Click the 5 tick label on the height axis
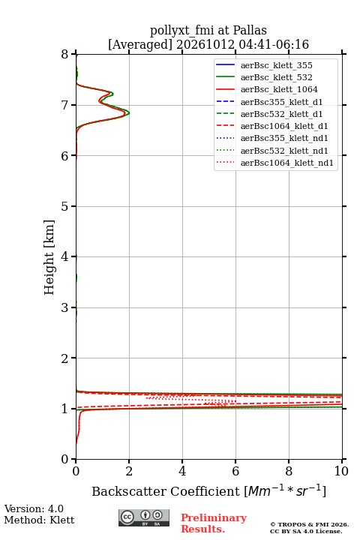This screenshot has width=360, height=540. coord(65,206)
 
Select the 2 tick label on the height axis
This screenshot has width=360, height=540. coord(65,358)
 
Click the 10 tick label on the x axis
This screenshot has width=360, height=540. coord(341,471)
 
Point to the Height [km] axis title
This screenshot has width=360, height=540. coord(49,257)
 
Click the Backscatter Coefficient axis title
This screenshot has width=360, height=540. coord(208,491)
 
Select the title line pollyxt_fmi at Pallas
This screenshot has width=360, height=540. coord(208,30)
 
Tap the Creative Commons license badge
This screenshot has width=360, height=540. coord(144,518)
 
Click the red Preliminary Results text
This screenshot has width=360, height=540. coord(214,523)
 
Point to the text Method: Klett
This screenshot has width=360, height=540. coord(39,520)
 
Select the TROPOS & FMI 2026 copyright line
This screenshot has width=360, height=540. coord(309,524)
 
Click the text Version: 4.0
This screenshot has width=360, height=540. coord(34,508)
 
